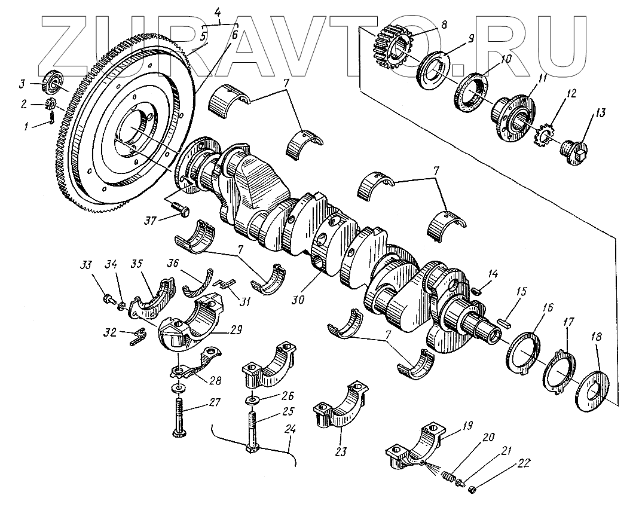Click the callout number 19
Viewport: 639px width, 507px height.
click(466, 426)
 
